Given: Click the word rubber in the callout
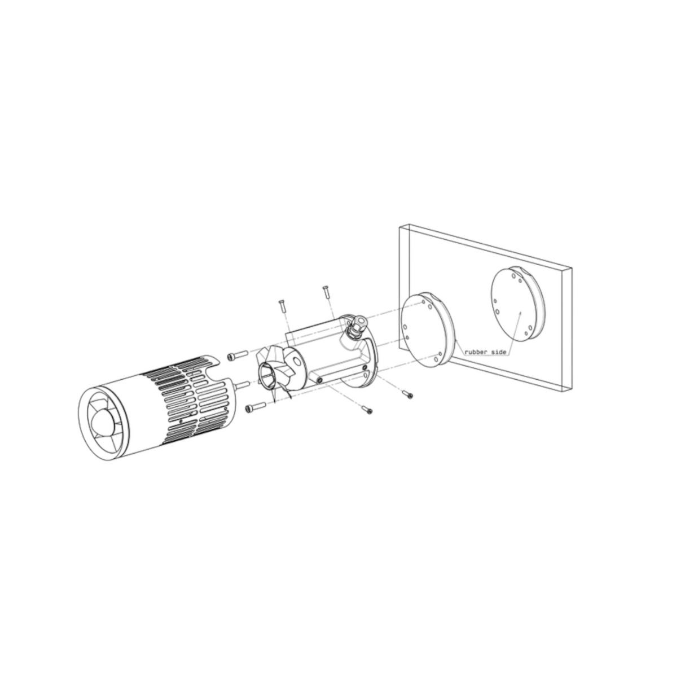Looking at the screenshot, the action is click(x=476, y=352).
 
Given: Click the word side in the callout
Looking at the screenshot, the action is click(x=499, y=352).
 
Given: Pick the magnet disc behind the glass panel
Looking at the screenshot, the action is click(x=518, y=305).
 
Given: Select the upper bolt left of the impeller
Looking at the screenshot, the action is click(x=237, y=355).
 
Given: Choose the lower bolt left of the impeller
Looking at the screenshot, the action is click(x=256, y=407).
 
